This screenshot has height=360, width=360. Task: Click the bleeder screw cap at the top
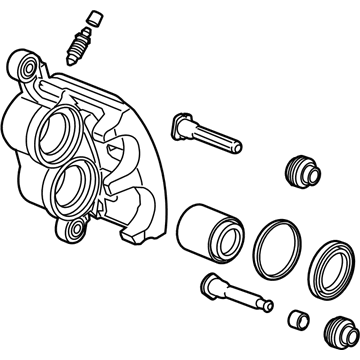(x=93, y=17)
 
